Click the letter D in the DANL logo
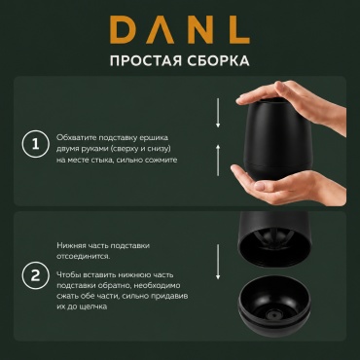[124, 29]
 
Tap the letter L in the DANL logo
[238, 29]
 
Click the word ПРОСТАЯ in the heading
[146, 60]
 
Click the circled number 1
[35, 144]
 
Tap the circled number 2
[35, 275]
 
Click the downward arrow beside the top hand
[218, 113]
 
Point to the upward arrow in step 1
[218, 161]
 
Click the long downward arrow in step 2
[218, 262]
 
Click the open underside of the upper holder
[274, 248]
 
